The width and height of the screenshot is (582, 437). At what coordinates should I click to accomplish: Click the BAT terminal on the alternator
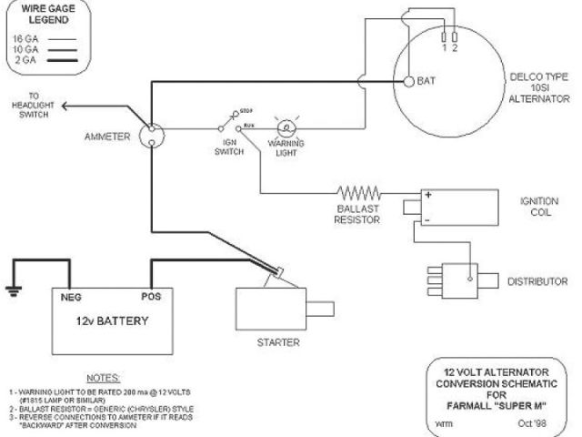(x=408, y=81)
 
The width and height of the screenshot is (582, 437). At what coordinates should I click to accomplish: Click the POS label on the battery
(x=152, y=297)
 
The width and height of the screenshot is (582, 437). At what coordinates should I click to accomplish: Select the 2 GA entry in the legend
(x=25, y=58)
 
